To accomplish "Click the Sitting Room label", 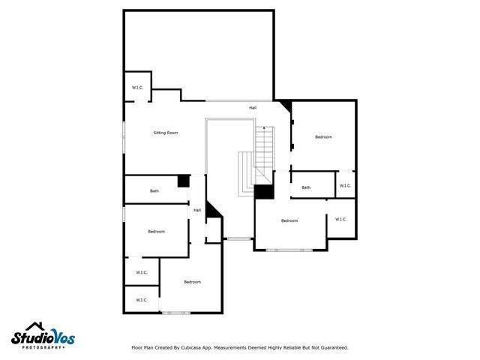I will (166, 133).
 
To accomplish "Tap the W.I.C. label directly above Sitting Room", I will (138, 88).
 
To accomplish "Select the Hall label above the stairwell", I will (253, 108).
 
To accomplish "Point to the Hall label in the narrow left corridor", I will (197, 210).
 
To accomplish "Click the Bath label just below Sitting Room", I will (154, 191).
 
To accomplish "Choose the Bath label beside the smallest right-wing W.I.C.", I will (306, 187).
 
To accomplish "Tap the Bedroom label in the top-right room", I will (323, 137).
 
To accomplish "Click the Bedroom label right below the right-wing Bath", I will (289, 220).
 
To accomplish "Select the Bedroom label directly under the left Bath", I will (156, 232).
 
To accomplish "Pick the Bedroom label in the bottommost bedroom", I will (192, 282).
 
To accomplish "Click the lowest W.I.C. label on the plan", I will (141, 300).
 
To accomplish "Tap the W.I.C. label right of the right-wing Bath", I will (345, 186).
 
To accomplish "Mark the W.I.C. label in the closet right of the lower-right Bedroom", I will (340, 220).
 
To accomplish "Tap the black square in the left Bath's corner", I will (183, 181).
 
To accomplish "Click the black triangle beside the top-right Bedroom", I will (284, 106).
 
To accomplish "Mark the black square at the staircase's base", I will (264, 192).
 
